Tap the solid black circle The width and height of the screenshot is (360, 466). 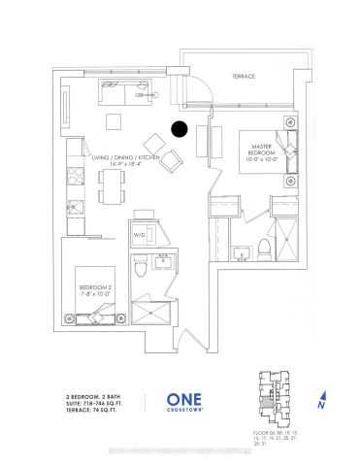pos(180,127)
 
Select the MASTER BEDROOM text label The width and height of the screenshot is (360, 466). pos(259,149)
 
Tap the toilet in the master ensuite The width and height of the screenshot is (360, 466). pos(262,250)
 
